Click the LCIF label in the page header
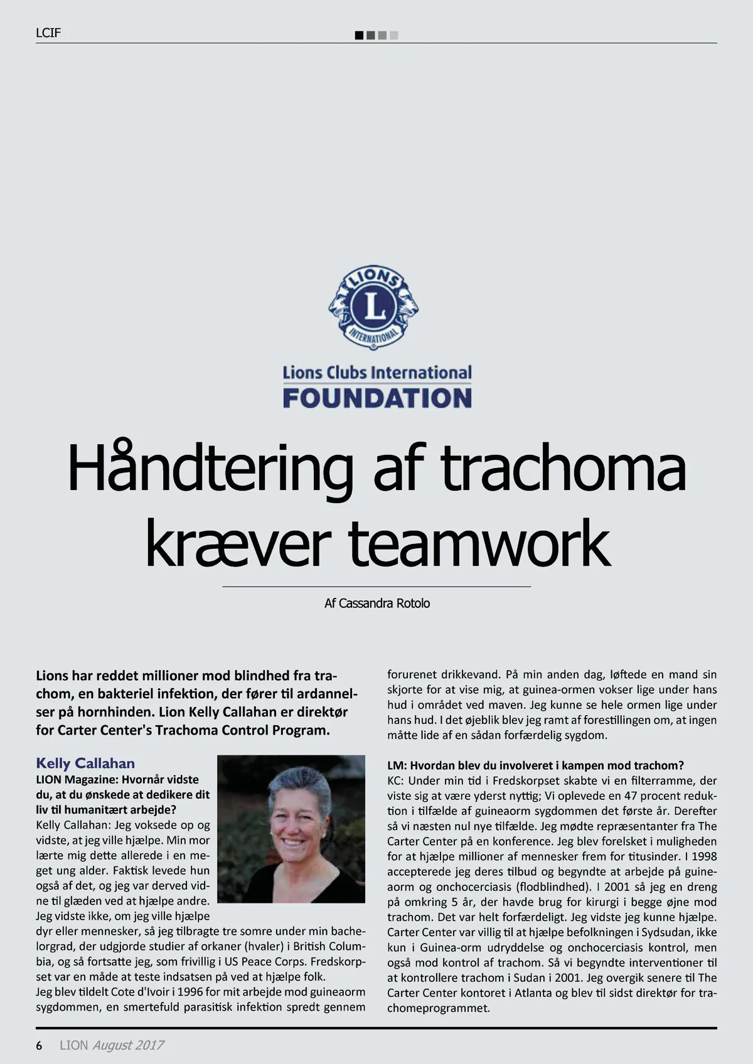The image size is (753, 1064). click(48, 33)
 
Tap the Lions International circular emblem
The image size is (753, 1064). click(373, 307)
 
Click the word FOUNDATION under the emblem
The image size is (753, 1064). click(376, 398)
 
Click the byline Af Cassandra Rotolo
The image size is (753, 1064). click(376, 604)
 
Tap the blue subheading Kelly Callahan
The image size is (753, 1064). click(85, 763)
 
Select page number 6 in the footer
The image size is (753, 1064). click(39, 1046)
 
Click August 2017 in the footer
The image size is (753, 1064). click(128, 1045)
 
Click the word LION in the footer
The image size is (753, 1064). click(74, 1045)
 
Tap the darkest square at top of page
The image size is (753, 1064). click(359, 36)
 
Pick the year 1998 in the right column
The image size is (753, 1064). click(704, 856)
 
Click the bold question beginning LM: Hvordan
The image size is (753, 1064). click(535, 765)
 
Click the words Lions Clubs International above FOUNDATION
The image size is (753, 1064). click(376, 373)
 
